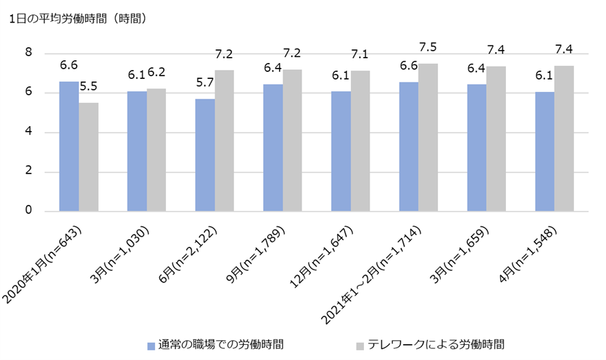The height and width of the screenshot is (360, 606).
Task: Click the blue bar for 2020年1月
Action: click(x=69, y=146)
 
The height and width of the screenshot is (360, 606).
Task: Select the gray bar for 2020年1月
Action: click(x=89, y=157)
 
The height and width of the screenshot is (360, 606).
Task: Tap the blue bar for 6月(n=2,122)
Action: click(x=205, y=155)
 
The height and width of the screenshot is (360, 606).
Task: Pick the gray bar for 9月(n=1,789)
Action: click(x=293, y=141)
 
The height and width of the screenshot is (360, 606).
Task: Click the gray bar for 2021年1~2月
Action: click(x=428, y=137)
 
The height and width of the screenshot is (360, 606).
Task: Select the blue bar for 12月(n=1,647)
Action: click(x=341, y=151)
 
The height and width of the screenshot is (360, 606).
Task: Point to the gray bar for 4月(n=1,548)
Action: click(x=564, y=139)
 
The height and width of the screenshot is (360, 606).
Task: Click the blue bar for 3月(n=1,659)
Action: click(x=476, y=147)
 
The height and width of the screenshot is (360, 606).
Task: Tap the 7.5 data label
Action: click(x=428, y=47)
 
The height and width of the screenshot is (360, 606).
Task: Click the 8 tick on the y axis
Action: click(x=29, y=53)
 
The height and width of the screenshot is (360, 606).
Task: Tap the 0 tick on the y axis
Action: click(x=29, y=211)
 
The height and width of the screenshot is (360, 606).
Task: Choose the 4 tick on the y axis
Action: click(x=29, y=132)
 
